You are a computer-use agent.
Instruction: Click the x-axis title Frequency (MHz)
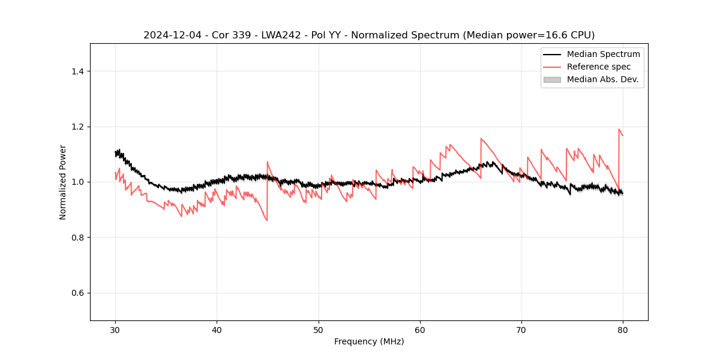[369, 341]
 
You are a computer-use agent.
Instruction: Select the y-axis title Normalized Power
[63, 182]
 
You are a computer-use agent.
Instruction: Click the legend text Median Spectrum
[603, 54]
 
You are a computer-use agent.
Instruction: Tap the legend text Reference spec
[599, 67]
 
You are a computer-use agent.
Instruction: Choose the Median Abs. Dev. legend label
[603, 79]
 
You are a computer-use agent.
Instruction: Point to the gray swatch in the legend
[552, 79]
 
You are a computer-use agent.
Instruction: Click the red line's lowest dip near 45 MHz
[267, 220]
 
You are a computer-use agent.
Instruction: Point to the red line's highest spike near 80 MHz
[619, 129]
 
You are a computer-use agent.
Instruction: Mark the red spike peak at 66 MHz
[481, 139]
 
